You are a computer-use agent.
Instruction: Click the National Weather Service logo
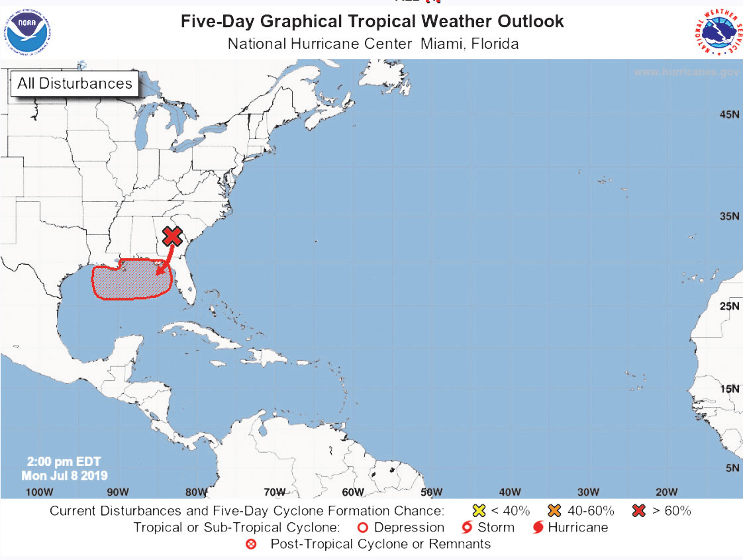(718, 32)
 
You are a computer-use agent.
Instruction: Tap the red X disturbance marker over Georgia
(173, 236)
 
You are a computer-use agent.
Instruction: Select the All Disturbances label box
(74, 83)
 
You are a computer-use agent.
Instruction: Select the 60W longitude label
(353, 491)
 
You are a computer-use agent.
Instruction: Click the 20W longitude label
(666, 491)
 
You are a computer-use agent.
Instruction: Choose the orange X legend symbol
(555, 511)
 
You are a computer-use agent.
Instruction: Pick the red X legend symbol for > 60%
(639, 511)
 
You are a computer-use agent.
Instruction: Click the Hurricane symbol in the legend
(537, 528)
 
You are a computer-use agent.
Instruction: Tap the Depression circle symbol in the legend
(362, 528)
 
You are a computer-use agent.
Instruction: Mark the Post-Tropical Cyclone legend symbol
(252, 544)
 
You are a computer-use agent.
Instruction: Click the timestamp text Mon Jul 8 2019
(64, 475)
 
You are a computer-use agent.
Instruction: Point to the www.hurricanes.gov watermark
(685, 71)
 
